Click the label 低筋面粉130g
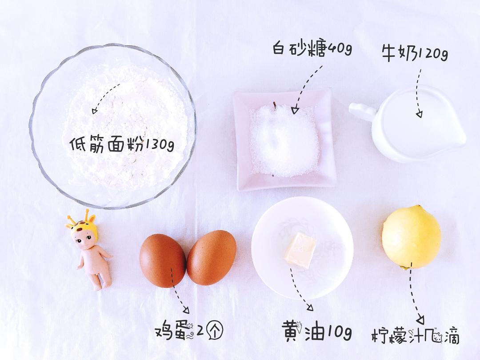pyautogui.click(x=121, y=144)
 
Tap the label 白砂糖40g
pyautogui.click(x=312, y=48)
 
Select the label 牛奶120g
pyautogui.click(x=414, y=54)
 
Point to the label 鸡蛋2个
pyautogui.click(x=188, y=331)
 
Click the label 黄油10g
pyautogui.click(x=316, y=332)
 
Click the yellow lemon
pyautogui.click(x=411, y=237)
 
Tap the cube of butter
pyautogui.click(x=300, y=250)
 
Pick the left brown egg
pyautogui.click(x=162, y=260)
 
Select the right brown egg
pyautogui.click(x=212, y=257)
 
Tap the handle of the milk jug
pyautogui.click(x=361, y=111)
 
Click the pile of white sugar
pyautogui.click(x=284, y=140)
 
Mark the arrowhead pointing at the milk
pyautogui.click(x=419, y=114)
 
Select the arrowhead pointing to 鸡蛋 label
pyautogui.click(x=185, y=311)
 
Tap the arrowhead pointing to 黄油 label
pyautogui.click(x=310, y=307)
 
